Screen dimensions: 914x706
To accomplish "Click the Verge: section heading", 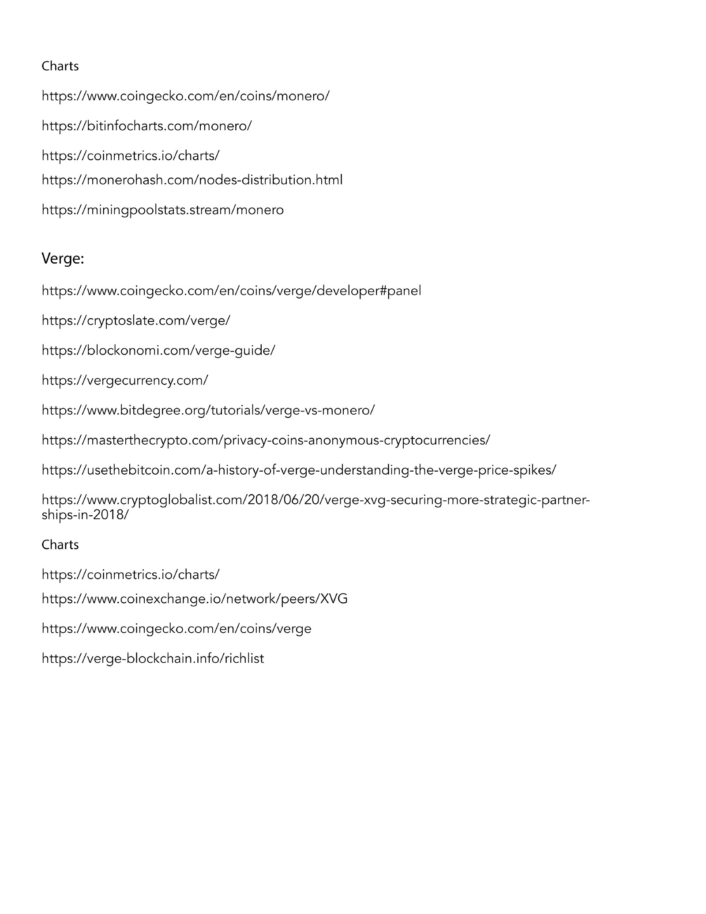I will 63,259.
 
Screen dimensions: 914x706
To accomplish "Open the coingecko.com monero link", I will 185,96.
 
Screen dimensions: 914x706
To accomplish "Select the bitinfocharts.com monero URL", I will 146,126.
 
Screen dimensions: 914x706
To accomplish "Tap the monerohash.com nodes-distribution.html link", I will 192,180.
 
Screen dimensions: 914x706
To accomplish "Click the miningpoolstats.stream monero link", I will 162,209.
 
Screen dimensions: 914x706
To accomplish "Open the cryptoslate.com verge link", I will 136,320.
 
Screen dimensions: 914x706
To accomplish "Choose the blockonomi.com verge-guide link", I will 158,350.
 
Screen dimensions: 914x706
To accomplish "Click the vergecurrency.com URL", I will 124,380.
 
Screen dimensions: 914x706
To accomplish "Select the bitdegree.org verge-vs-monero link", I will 208,410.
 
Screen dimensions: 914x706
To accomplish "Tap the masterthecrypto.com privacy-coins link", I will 266,440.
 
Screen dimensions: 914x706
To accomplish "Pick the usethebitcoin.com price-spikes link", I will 299,470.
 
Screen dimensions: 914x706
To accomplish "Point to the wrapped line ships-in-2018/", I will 85,515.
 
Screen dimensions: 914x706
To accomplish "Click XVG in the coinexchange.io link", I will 334,599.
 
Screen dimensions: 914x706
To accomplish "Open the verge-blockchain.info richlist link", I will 153,658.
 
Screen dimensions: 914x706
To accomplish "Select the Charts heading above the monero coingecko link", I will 60,66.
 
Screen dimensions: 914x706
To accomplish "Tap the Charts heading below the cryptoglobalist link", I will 60,545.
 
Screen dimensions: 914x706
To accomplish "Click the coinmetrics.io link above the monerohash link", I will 130,155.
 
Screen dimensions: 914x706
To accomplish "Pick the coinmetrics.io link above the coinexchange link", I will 130,574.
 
